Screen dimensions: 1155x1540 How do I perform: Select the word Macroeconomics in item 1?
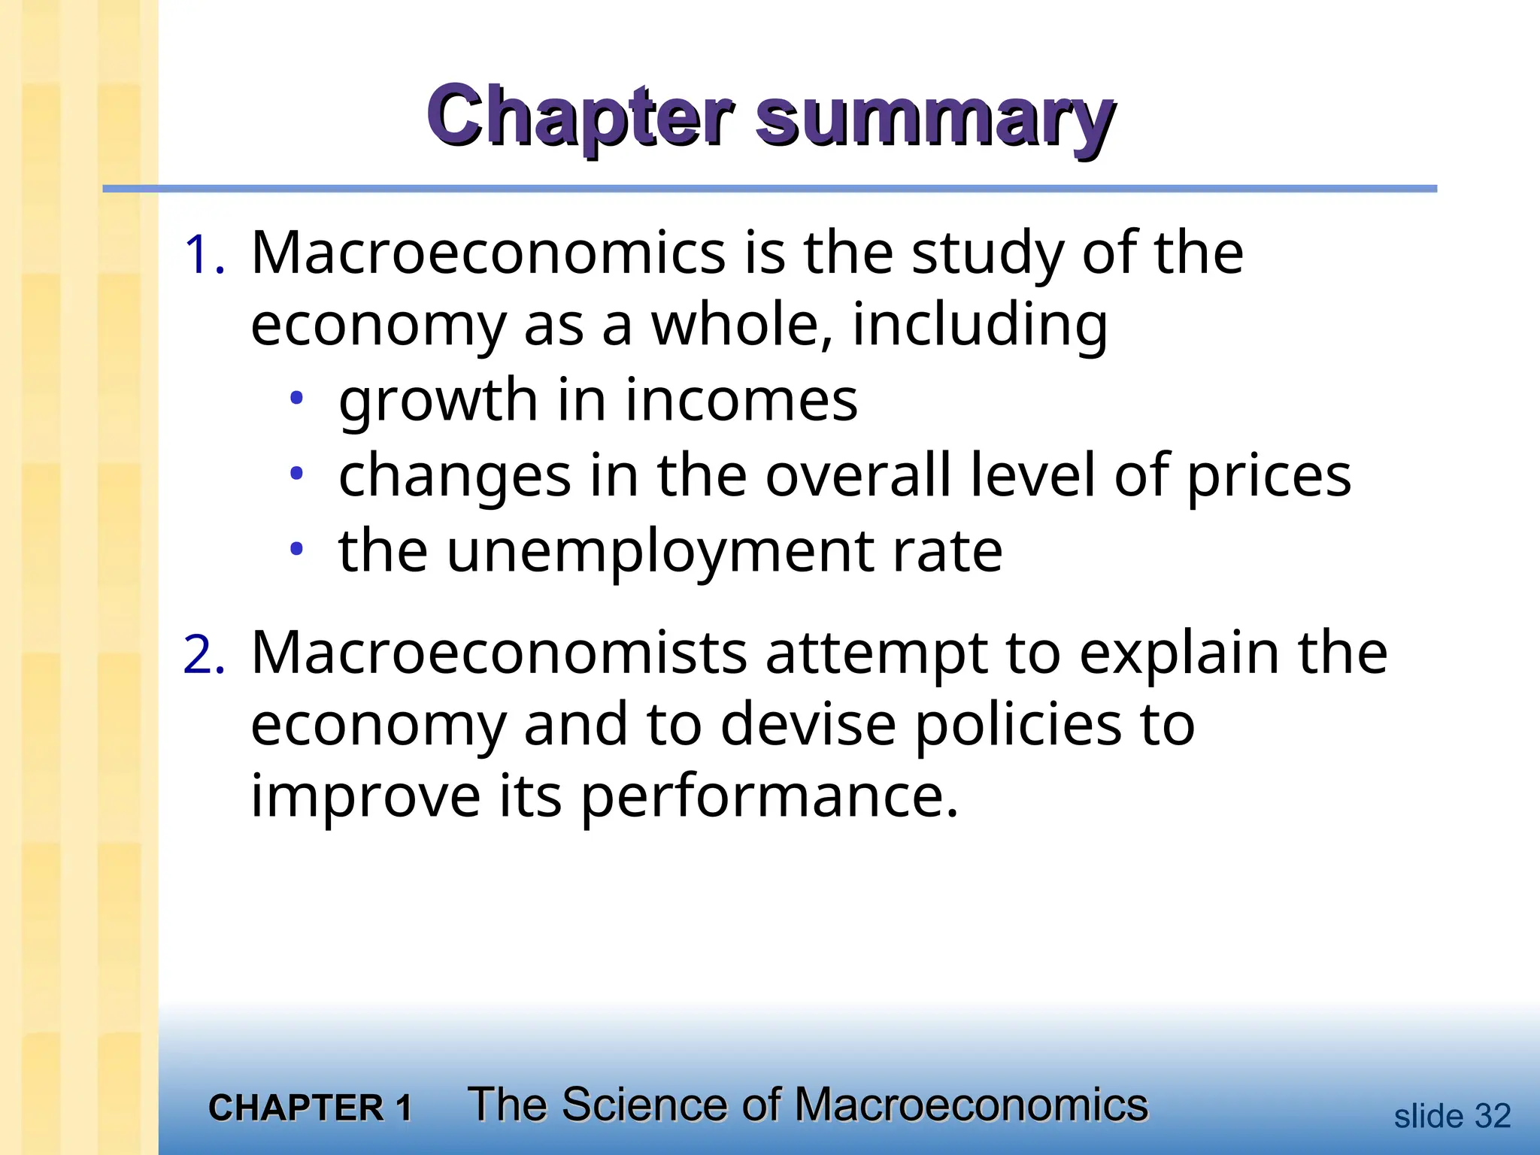(x=488, y=253)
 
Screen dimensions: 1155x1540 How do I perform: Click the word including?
(x=979, y=326)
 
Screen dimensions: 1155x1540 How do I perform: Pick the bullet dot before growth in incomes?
(x=297, y=398)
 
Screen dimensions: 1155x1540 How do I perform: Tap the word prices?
(x=1269, y=477)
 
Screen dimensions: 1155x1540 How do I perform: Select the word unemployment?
(x=660, y=553)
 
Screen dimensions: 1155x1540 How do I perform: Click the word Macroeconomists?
(x=499, y=653)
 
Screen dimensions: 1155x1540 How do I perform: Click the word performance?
(x=769, y=797)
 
